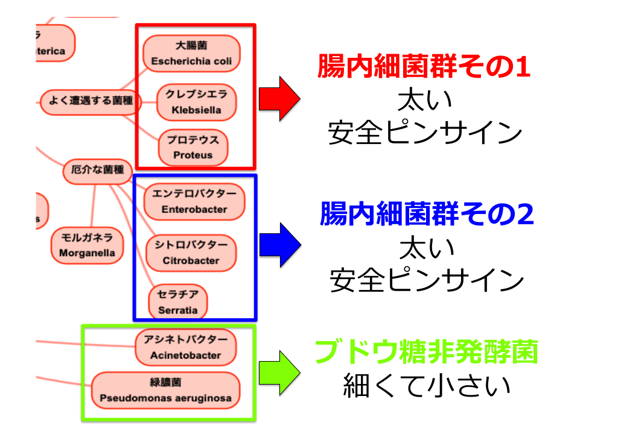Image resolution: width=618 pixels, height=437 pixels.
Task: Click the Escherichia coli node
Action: coord(191,54)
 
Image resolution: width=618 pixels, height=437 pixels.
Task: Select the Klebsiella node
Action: coord(196,102)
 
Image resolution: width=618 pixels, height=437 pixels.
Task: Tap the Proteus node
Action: coord(193,148)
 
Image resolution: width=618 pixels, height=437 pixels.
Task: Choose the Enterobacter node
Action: coord(194,202)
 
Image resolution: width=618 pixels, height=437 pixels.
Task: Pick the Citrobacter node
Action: coord(191,253)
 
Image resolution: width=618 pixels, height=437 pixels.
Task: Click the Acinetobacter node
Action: coord(185,348)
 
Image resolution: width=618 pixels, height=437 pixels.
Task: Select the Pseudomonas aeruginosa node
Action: coord(165,391)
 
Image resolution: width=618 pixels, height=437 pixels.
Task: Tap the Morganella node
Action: coord(87,246)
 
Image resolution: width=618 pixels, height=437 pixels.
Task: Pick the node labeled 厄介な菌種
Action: coord(97,171)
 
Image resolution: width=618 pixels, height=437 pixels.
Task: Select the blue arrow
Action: coord(279,245)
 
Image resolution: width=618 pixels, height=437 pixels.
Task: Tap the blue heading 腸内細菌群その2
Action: coord(427,215)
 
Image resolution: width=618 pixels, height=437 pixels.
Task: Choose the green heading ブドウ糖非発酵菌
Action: coord(426,353)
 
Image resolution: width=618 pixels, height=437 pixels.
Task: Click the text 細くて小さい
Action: coord(427,386)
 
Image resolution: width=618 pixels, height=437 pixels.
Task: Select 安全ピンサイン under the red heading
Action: coord(425,133)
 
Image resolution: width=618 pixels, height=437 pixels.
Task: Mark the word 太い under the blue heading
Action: coord(426,248)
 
